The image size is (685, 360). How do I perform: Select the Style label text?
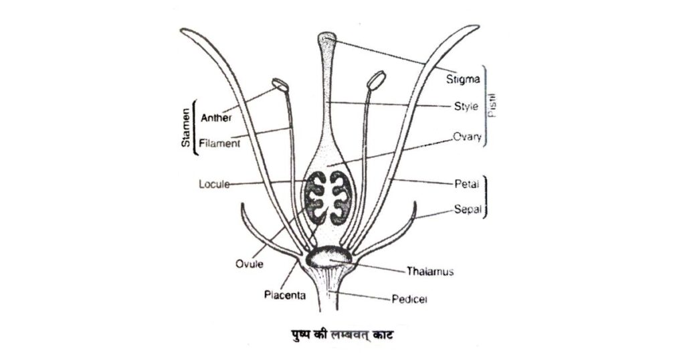(461, 106)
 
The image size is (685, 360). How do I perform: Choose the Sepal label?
(462, 209)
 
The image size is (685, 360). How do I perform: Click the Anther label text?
(216, 118)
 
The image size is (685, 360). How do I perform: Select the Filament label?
(219, 143)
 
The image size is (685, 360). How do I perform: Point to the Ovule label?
(250, 264)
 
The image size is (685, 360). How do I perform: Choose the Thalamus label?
(431, 272)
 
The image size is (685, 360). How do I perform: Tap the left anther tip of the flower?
(278, 85)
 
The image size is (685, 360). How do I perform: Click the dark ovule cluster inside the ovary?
(328, 199)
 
